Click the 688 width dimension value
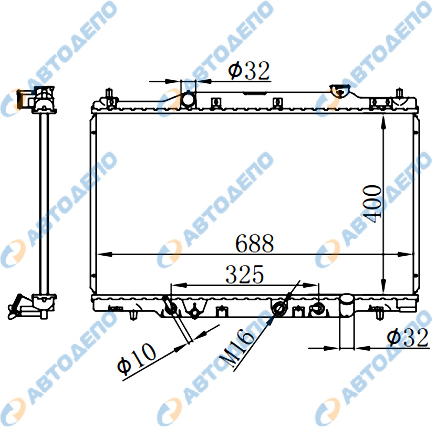pyautogui.click(x=254, y=243)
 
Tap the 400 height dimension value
pyautogui.click(x=372, y=204)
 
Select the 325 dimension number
pyautogui.click(x=245, y=274)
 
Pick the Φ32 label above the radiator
pyautogui.click(x=249, y=70)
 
